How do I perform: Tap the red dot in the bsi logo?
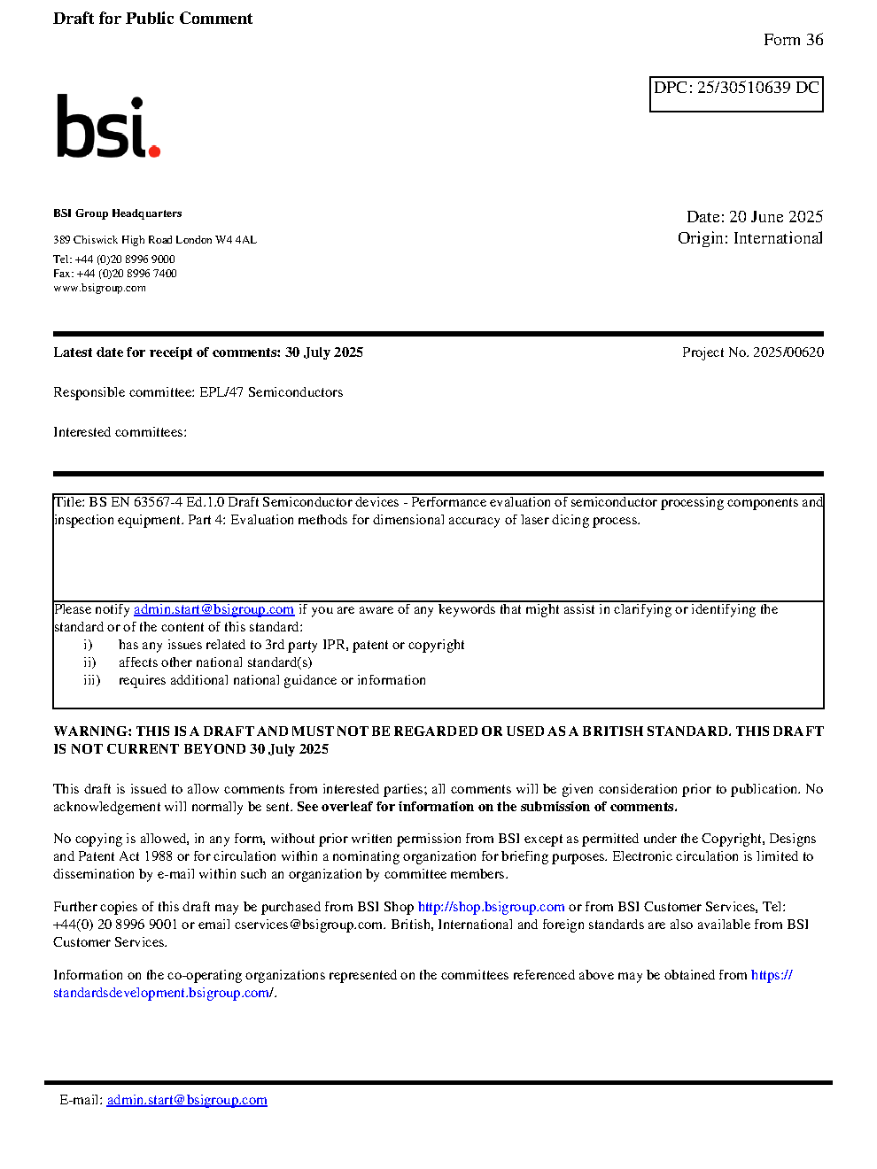click(154, 151)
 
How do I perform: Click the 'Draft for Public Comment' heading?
click(152, 19)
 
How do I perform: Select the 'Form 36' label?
click(793, 40)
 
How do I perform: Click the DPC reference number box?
click(736, 94)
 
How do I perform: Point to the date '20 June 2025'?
click(776, 217)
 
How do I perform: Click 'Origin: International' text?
click(749, 238)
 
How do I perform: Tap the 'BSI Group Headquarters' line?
click(118, 213)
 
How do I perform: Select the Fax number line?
click(115, 274)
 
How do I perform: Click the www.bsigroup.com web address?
click(99, 288)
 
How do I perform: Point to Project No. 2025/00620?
click(752, 352)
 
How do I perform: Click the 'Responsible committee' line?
click(198, 392)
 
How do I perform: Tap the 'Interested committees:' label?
click(120, 432)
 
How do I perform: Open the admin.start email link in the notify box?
click(213, 609)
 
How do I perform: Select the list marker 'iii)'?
click(92, 680)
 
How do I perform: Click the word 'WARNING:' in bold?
click(92, 732)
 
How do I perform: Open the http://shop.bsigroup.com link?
click(491, 907)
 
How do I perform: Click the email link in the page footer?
click(187, 1100)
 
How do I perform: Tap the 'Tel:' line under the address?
click(114, 259)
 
